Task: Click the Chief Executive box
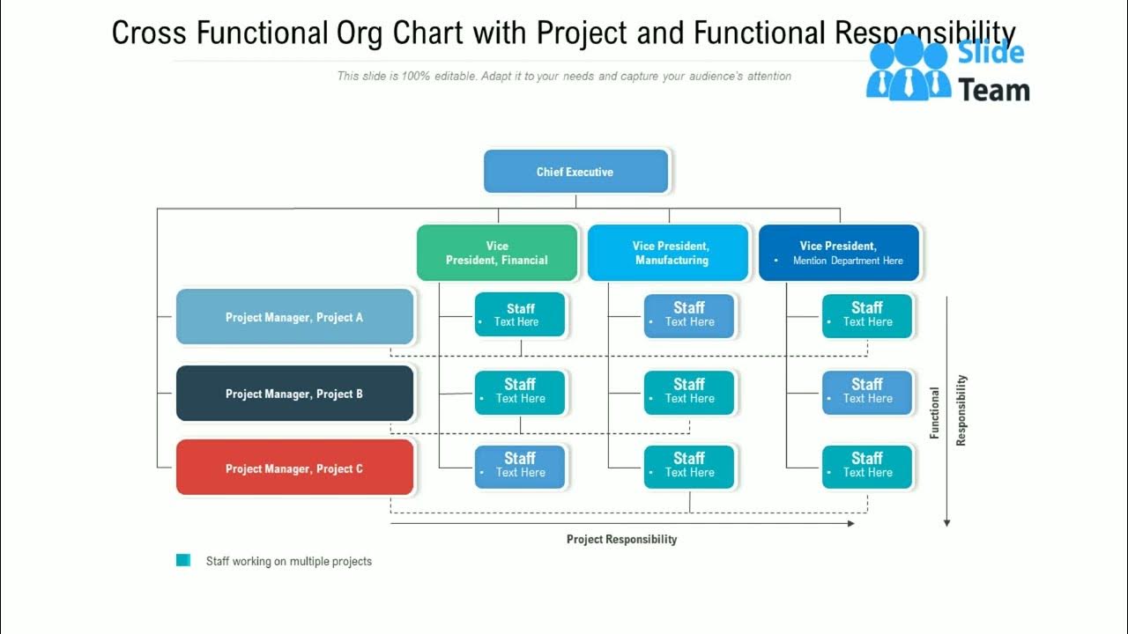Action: coord(575,172)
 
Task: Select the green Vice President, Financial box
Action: coord(497,253)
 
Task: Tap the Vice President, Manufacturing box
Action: coord(670,253)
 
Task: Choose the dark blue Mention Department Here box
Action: coord(839,253)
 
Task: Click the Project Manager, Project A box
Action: coord(294,317)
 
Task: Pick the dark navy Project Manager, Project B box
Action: coord(294,394)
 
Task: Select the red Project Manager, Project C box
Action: coord(294,468)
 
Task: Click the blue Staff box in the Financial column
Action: coord(520,466)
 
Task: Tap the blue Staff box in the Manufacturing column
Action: coord(689,315)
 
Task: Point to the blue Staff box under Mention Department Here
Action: coord(867,392)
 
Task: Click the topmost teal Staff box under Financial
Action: coord(520,315)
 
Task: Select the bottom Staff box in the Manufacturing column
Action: coord(689,466)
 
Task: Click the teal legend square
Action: coord(183,560)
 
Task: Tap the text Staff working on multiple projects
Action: coord(288,561)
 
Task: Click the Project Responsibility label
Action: coord(621,539)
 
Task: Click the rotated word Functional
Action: coord(935,412)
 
